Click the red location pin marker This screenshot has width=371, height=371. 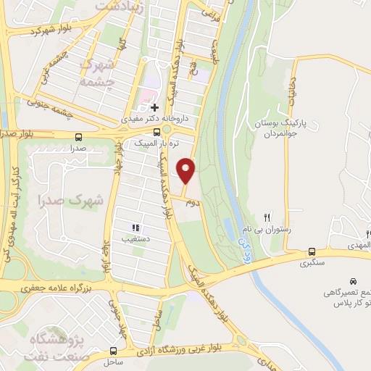[187, 170]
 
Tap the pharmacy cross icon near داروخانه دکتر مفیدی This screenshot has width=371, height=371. [154, 107]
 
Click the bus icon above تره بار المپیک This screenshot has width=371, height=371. [157, 132]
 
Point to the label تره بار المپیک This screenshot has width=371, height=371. [154, 143]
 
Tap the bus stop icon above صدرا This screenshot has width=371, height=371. [78, 136]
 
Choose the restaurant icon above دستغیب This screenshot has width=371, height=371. [136, 227]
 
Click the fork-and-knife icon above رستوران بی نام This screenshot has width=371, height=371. [267, 217]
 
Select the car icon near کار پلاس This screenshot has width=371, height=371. [353, 280]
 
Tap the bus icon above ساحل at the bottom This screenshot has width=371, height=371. [112, 351]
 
